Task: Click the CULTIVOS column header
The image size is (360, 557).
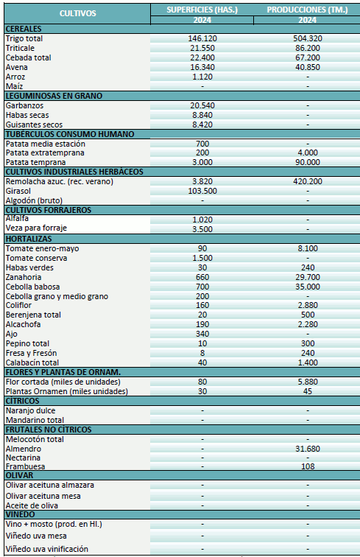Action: coord(76,13)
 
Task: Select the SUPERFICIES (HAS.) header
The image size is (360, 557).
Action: coord(202,9)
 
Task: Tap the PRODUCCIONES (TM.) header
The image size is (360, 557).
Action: coord(307,9)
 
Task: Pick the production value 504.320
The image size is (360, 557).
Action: coord(307,38)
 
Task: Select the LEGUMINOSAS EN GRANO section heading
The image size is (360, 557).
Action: coord(54,96)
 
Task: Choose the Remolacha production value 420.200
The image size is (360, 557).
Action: coord(307,181)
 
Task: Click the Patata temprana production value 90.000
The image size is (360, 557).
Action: coord(307,162)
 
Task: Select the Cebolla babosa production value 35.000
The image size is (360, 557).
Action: coord(307,287)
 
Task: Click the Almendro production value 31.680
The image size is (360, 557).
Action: coord(307,449)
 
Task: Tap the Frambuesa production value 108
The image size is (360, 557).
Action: coord(307,467)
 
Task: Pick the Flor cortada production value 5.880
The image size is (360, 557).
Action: coord(307,382)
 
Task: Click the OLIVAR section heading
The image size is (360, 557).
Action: coord(21,476)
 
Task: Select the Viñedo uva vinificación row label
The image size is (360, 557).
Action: coord(47,549)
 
